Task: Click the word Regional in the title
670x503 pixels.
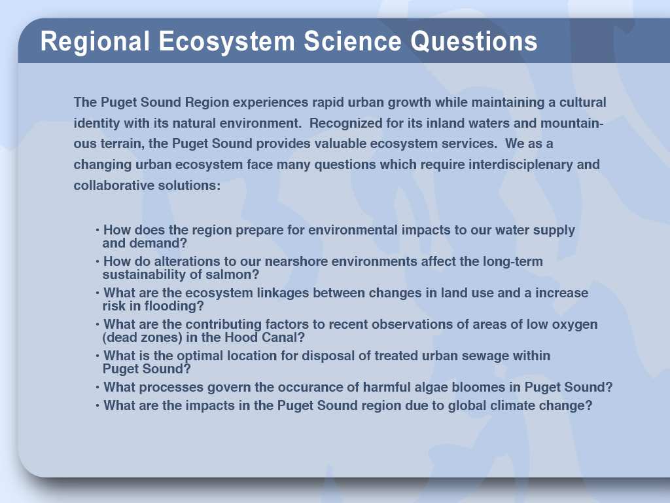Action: [x=95, y=41]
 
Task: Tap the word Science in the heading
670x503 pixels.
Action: [x=353, y=41]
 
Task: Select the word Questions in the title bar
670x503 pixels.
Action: [x=474, y=41]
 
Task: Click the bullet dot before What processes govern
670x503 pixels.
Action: [x=97, y=388]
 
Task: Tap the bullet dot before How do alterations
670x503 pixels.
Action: [x=97, y=262]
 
